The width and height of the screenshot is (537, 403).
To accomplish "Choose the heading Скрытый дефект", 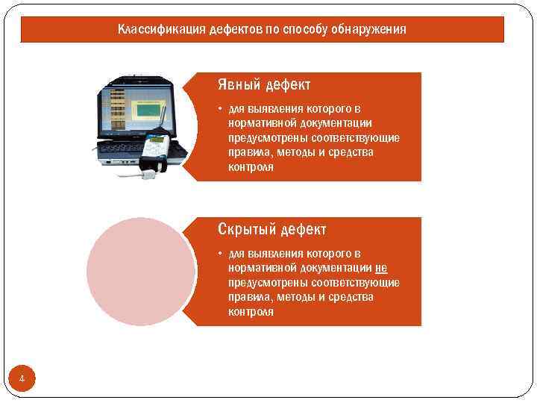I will (x=271, y=229).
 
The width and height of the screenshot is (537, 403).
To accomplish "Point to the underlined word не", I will (x=381, y=268).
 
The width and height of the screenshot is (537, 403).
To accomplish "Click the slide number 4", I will (x=22, y=380).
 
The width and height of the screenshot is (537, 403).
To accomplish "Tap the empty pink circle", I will (x=141, y=271).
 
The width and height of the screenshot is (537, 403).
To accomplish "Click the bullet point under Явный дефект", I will (x=221, y=109).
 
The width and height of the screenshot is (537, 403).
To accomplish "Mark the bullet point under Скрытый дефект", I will (x=221, y=254).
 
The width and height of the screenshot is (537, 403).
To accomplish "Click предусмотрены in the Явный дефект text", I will (x=265, y=138).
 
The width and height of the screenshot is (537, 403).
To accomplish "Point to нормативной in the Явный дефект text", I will (x=261, y=123).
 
